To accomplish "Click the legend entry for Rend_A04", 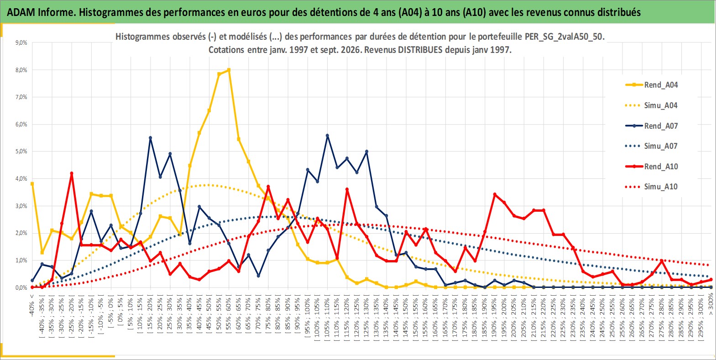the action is click(652, 85).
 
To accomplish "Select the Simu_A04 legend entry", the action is click(652, 105).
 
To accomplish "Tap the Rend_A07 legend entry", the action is click(652, 126).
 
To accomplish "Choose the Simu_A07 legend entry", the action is click(652, 146).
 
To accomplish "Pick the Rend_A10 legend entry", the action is click(652, 167).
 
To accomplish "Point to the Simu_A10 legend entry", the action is click(652, 187).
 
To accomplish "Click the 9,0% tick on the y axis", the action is click(21, 42).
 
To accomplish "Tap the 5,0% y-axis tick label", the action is click(21, 151).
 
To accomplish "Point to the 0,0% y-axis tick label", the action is click(21, 288).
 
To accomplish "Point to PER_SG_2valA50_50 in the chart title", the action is click(564, 37).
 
